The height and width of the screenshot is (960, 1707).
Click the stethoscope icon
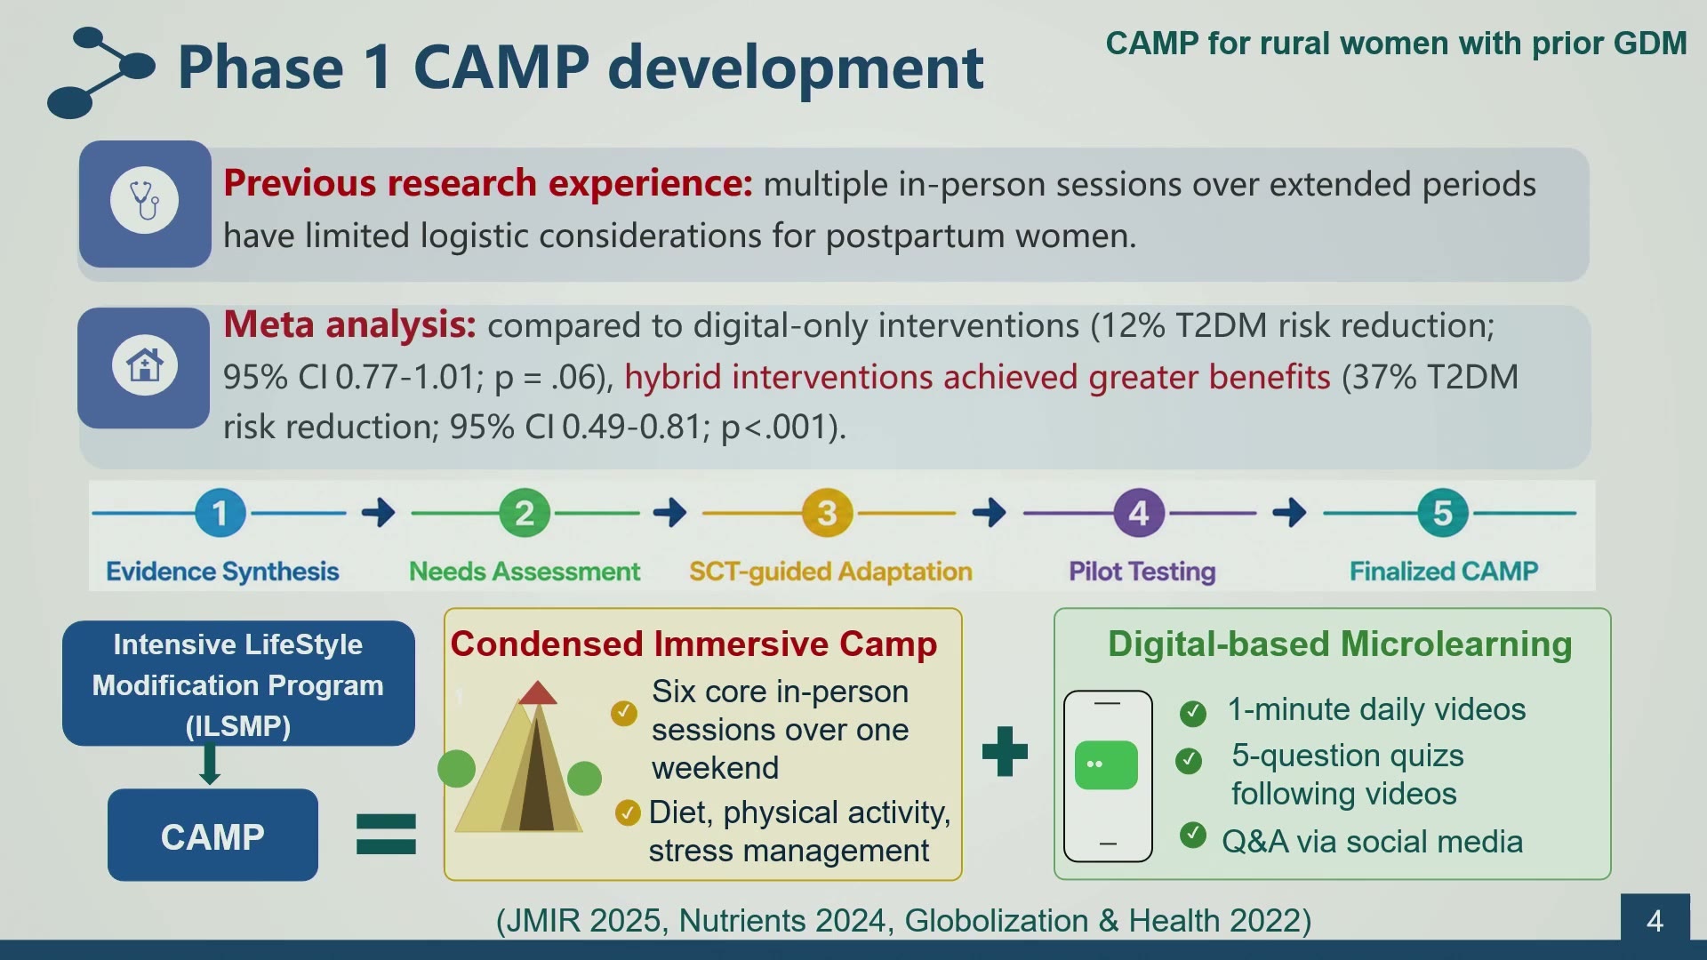tap(145, 201)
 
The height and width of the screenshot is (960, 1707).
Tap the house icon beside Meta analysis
tap(145, 364)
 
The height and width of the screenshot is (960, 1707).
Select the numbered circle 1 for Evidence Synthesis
tap(220, 513)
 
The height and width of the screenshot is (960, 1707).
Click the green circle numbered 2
tap(525, 513)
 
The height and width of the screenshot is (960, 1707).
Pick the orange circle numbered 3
tap(827, 513)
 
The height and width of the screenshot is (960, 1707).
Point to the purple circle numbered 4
tap(1139, 513)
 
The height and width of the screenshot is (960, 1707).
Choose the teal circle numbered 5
tap(1443, 513)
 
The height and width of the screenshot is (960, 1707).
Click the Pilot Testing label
tap(1142, 572)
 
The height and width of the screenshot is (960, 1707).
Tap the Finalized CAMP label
tap(1444, 571)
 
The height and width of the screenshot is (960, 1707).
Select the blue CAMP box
tap(212, 835)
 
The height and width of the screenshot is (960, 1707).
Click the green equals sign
tap(386, 834)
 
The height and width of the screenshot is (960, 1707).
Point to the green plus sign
tap(1005, 751)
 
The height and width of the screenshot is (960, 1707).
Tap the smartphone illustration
tap(1108, 776)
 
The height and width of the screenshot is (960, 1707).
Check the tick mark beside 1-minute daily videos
tap(1193, 713)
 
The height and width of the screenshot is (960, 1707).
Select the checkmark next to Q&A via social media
tap(1193, 835)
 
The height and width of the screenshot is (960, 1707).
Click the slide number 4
tap(1655, 920)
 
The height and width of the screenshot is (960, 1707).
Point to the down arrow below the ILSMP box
tap(210, 764)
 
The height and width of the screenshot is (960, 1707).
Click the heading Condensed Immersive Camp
tap(693, 644)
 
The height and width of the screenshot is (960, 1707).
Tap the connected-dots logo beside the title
tap(100, 73)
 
